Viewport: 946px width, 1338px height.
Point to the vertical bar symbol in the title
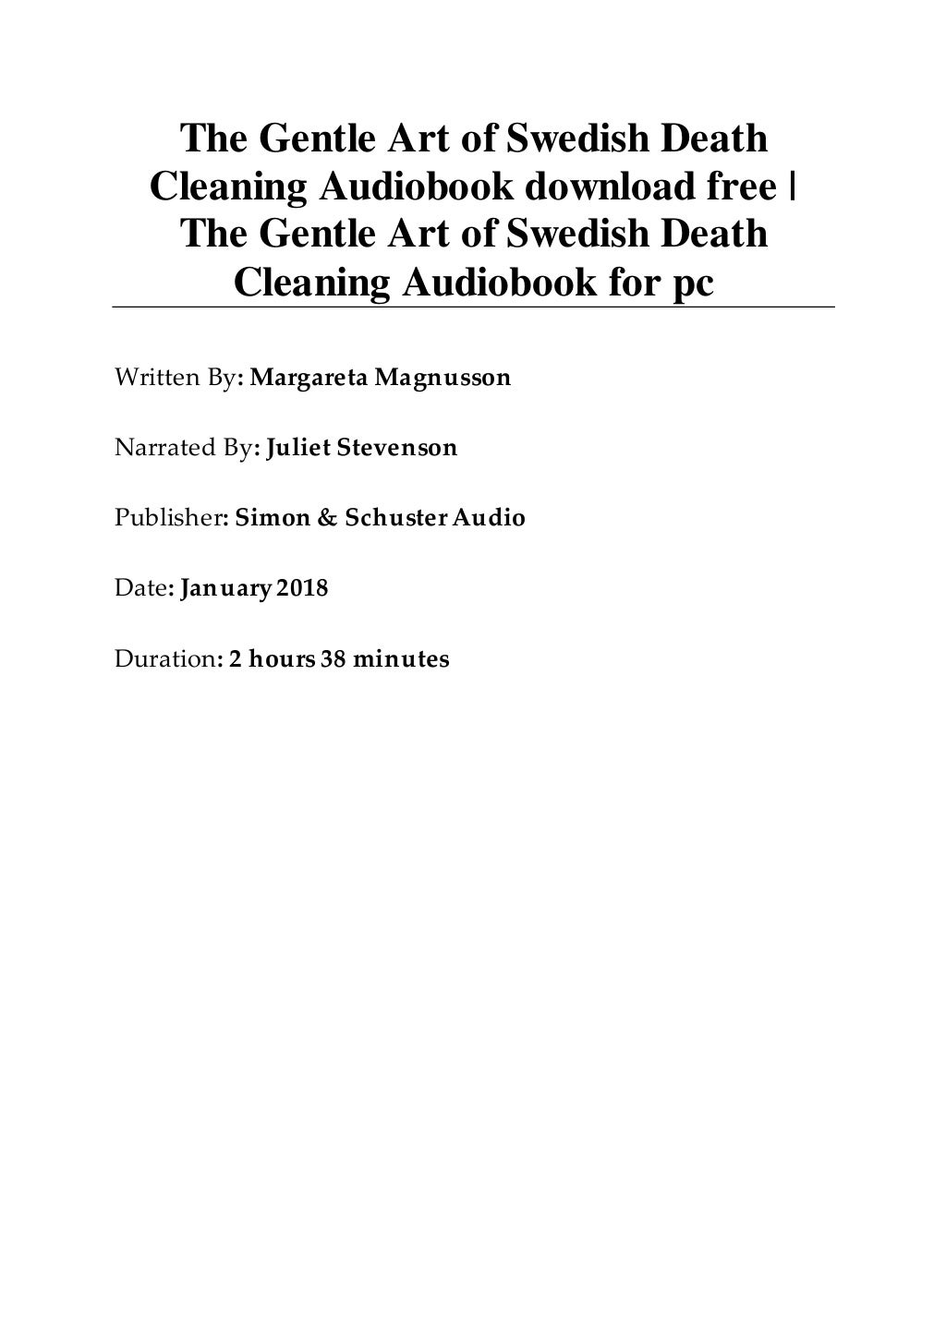[x=795, y=187]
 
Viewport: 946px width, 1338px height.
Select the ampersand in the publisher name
[x=327, y=518]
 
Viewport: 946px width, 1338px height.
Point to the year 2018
[x=302, y=588]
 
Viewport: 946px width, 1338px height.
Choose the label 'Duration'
[x=164, y=659]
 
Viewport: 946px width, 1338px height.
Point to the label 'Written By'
[x=174, y=378]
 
